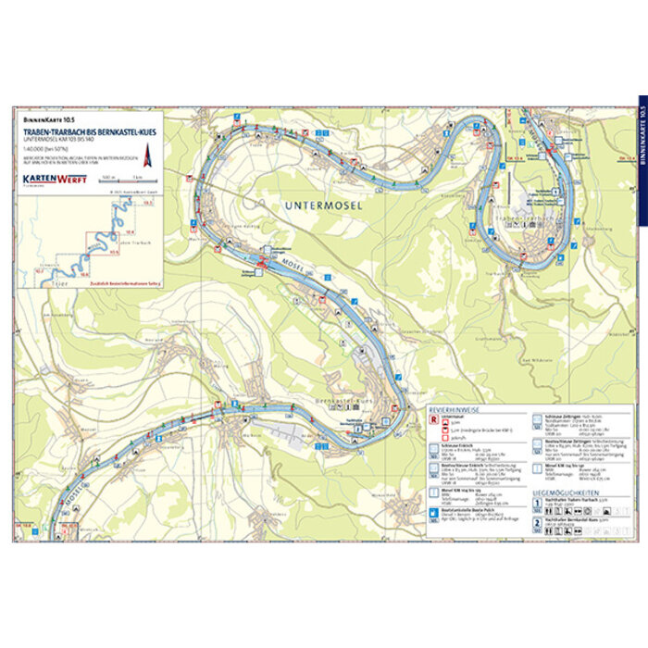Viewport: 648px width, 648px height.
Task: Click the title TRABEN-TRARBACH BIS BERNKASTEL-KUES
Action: tap(91, 132)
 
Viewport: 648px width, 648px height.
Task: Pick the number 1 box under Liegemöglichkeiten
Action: tap(538, 503)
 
